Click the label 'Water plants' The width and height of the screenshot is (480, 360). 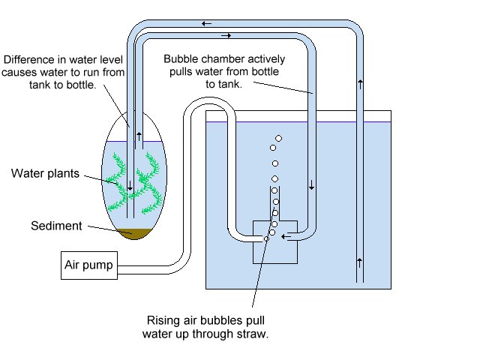coord(45,174)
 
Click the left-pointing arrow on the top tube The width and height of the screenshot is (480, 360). coord(207,23)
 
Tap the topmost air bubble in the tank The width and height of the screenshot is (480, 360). coord(279,138)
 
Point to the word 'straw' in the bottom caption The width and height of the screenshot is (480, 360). coord(253,334)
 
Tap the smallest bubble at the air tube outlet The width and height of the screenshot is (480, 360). coord(266,238)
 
